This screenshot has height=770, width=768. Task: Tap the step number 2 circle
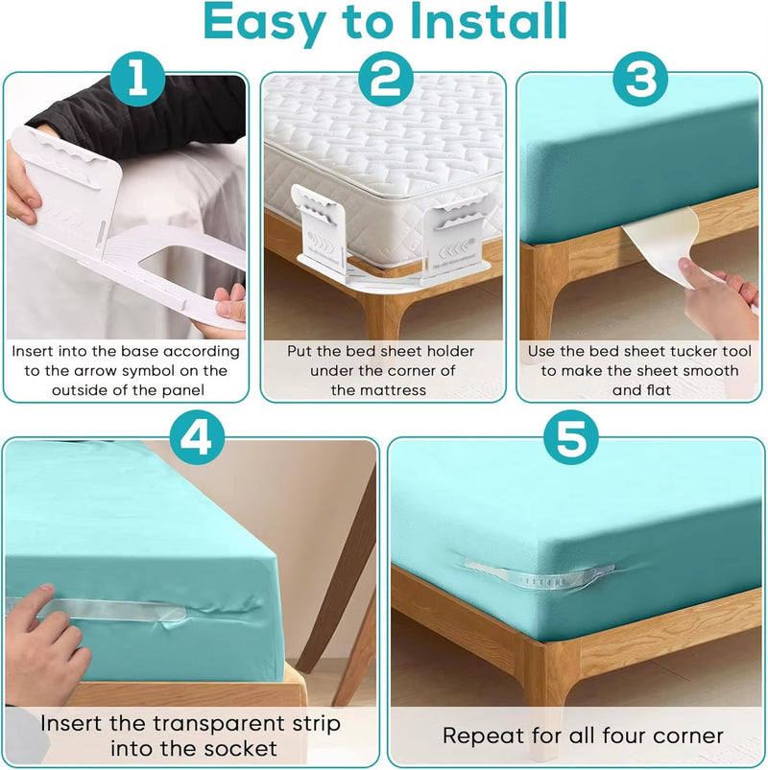384,80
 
